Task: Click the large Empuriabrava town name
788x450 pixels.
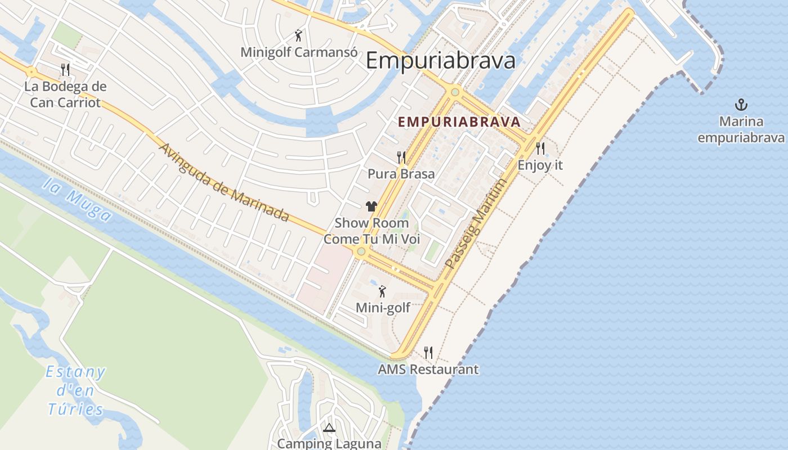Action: coord(440,61)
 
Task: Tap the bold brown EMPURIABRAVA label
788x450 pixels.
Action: coord(459,121)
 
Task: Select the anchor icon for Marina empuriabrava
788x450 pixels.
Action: coord(741,105)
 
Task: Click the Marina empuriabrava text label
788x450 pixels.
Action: coord(741,130)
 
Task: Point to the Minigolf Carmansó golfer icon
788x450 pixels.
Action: coord(298,36)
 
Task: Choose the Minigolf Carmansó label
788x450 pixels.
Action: coord(299,52)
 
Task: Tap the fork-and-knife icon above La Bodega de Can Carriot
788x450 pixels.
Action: coord(65,70)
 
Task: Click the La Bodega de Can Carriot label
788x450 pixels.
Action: coord(65,94)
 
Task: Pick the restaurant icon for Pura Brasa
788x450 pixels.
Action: coord(401,157)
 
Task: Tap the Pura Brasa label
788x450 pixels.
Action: coord(401,174)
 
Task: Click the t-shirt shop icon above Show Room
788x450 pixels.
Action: coord(371,206)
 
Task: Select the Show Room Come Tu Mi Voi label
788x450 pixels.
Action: coord(371,231)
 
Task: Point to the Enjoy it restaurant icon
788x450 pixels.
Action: coord(540,148)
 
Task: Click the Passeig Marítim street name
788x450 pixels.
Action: coord(476,223)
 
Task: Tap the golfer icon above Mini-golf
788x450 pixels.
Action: coord(383,291)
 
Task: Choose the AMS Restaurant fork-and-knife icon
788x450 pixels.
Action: coord(428,353)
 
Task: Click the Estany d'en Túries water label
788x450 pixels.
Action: coord(75,390)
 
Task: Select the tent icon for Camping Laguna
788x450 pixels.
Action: coord(329,427)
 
